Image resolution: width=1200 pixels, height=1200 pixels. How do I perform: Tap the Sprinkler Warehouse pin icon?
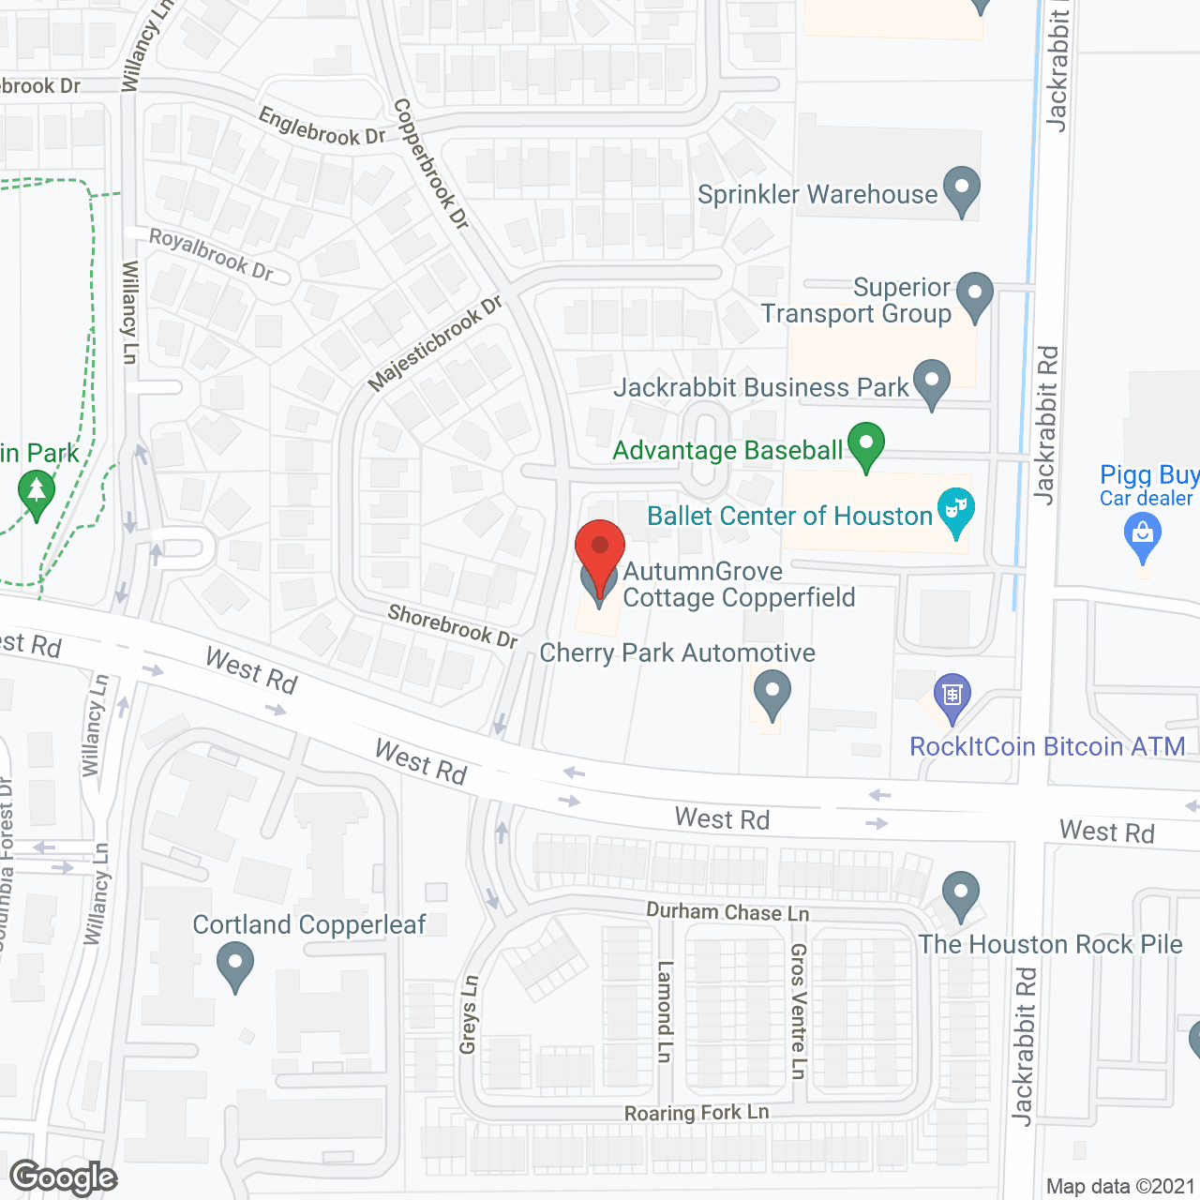click(x=961, y=189)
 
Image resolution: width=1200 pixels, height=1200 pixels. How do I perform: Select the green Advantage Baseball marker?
click(x=866, y=445)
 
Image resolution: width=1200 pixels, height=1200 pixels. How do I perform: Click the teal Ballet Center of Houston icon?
click(x=955, y=512)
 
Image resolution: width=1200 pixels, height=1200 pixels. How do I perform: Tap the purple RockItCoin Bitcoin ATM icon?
click(x=952, y=697)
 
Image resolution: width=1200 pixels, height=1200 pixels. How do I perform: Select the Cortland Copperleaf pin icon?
click(x=234, y=965)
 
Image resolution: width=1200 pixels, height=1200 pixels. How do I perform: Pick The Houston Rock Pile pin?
click(x=960, y=893)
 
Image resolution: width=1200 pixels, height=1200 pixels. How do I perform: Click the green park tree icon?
click(x=37, y=492)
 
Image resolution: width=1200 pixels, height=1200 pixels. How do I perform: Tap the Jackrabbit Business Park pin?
click(x=931, y=382)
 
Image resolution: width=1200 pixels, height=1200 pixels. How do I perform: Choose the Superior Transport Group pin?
click(x=975, y=295)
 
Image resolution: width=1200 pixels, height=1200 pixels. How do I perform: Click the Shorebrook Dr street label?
click(x=453, y=625)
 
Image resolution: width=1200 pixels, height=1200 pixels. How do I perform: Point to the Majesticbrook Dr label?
click(x=435, y=343)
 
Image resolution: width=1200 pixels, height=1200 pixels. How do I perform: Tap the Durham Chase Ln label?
click(x=727, y=911)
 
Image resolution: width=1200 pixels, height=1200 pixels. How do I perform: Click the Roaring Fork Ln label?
click(x=697, y=1113)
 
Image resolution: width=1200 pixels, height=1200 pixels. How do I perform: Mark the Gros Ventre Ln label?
click(x=798, y=1011)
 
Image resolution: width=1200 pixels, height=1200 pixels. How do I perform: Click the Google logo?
click(x=64, y=1177)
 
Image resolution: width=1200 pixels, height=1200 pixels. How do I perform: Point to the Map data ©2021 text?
click(x=1120, y=1187)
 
